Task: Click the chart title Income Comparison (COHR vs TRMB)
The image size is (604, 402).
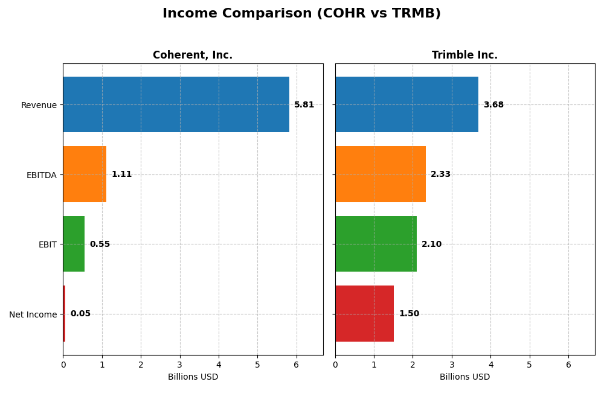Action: point(301,13)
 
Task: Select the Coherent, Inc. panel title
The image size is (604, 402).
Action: point(192,55)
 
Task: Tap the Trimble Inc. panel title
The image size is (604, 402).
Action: point(464,55)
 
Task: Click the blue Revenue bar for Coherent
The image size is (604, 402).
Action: point(176,104)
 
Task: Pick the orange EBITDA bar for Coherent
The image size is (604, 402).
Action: point(85,174)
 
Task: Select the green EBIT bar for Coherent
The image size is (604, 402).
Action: point(74,244)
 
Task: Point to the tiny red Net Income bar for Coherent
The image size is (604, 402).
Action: point(64,313)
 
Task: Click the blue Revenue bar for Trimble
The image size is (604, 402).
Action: point(406,104)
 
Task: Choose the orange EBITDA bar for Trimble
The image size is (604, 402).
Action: point(381,174)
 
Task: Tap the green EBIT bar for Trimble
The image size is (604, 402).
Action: point(376,244)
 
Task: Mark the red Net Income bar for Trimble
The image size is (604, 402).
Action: point(364,313)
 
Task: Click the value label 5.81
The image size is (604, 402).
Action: point(304,105)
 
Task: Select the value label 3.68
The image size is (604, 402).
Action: point(493,105)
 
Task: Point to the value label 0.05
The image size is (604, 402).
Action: point(80,314)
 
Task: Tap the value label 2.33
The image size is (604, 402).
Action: point(440,174)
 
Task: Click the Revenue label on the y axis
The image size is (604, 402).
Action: point(39,105)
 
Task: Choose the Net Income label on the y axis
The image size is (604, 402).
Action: point(33,314)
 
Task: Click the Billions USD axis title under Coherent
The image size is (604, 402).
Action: point(193,377)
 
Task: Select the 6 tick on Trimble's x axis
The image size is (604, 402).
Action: point(568,365)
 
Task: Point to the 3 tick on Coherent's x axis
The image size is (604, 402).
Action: point(179,365)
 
